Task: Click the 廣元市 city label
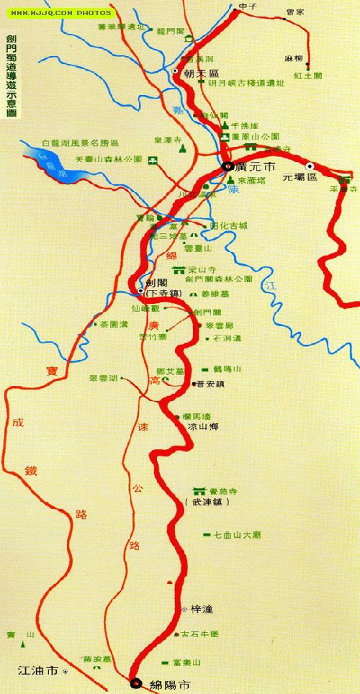coord(251,166)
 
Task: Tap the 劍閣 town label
coord(156,284)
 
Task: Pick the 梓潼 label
coord(201,609)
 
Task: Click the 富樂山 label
coord(197,662)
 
